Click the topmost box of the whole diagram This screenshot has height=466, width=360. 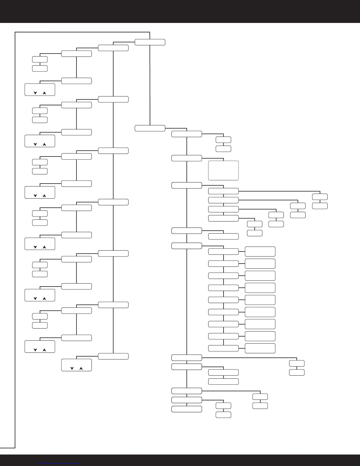click(150, 42)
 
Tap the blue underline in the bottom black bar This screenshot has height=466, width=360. click(59, 464)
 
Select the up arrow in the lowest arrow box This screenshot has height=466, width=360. click(81, 368)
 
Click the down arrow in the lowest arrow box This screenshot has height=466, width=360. click(72, 368)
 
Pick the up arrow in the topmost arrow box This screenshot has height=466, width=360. click(44, 93)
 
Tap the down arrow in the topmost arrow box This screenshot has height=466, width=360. click(35, 93)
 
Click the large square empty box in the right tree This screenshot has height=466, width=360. click(223, 170)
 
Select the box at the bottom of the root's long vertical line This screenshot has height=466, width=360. click(150, 128)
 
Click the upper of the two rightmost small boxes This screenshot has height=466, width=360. click(320, 197)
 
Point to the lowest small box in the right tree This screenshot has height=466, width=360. click(223, 415)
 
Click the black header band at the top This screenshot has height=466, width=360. click(180, 11)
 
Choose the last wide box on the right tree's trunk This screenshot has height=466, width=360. click(186, 409)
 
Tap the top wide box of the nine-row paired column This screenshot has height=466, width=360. click(223, 252)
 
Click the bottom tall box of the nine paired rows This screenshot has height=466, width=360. click(260, 348)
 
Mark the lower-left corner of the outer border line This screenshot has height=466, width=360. click(15, 448)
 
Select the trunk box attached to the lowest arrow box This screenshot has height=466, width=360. click(113, 356)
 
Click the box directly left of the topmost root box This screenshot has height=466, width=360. click(113, 48)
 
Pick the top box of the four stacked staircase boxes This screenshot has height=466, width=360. click(223, 191)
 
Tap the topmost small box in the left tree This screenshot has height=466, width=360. click(40, 59)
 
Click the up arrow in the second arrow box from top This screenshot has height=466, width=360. click(44, 144)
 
